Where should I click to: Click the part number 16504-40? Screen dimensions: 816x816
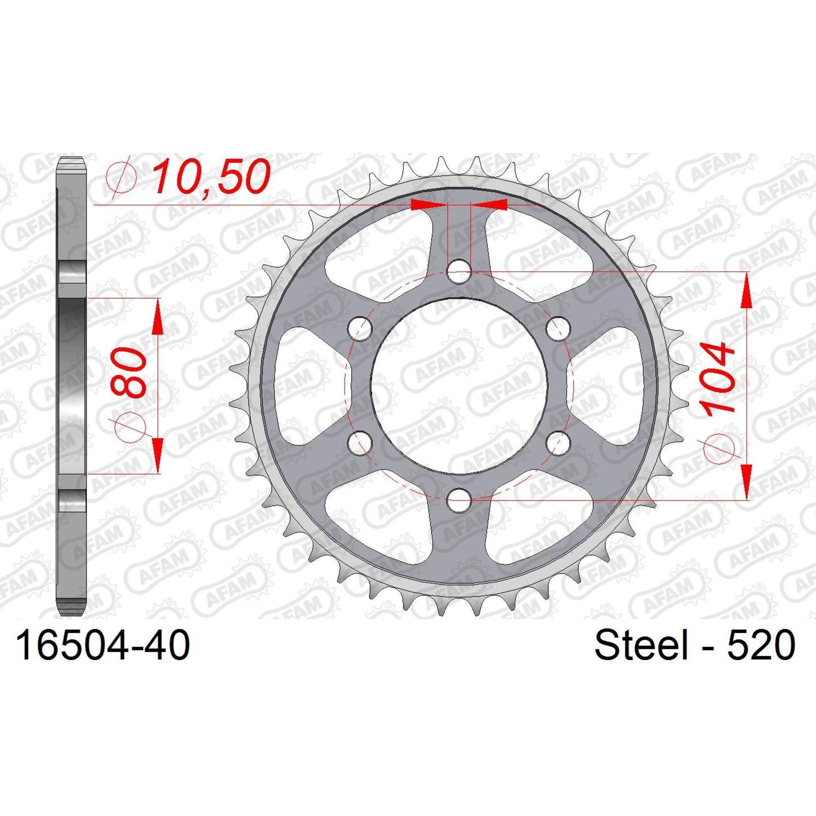[x=103, y=667]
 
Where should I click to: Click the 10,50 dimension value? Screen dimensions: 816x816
[x=211, y=177]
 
